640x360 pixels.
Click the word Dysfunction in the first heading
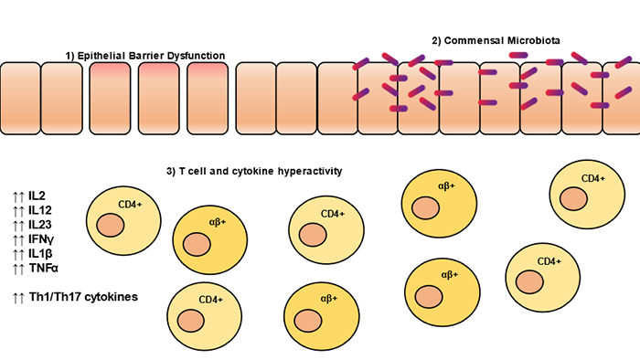coord(193,56)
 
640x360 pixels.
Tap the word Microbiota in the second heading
coord(532,40)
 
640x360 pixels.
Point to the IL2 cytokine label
coord(38,196)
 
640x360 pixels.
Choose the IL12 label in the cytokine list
coord(41,211)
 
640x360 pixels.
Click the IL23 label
coord(41,225)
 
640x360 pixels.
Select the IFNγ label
coord(42,239)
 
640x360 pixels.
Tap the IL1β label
coord(41,253)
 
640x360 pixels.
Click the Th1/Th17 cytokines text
coord(84,297)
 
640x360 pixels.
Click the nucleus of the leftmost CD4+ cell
coord(111,226)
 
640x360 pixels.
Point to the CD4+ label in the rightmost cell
coord(592,178)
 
